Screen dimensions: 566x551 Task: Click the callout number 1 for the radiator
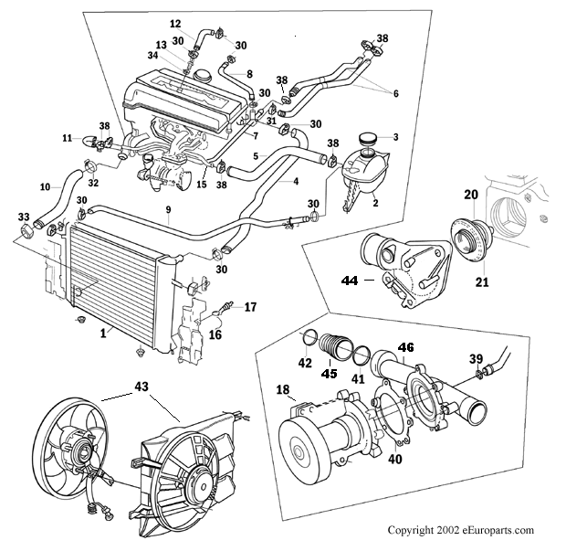click(x=103, y=334)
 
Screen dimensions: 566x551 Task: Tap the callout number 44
click(x=350, y=280)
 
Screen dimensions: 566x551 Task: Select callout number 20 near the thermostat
click(x=471, y=195)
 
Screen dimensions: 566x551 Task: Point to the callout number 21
click(x=482, y=281)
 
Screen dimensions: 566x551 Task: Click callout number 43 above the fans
click(x=141, y=387)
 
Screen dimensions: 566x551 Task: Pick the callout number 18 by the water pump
click(x=283, y=389)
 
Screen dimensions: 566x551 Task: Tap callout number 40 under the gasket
click(x=395, y=459)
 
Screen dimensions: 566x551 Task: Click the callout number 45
click(x=329, y=373)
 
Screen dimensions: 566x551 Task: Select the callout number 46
click(x=405, y=347)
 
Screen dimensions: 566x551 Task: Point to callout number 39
click(x=476, y=359)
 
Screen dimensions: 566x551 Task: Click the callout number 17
click(x=250, y=307)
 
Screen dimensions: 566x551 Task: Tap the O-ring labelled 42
click(x=309, y=337)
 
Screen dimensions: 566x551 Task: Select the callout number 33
click(x=24, y=217)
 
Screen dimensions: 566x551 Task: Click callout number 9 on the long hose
click(x=168, y=209)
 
